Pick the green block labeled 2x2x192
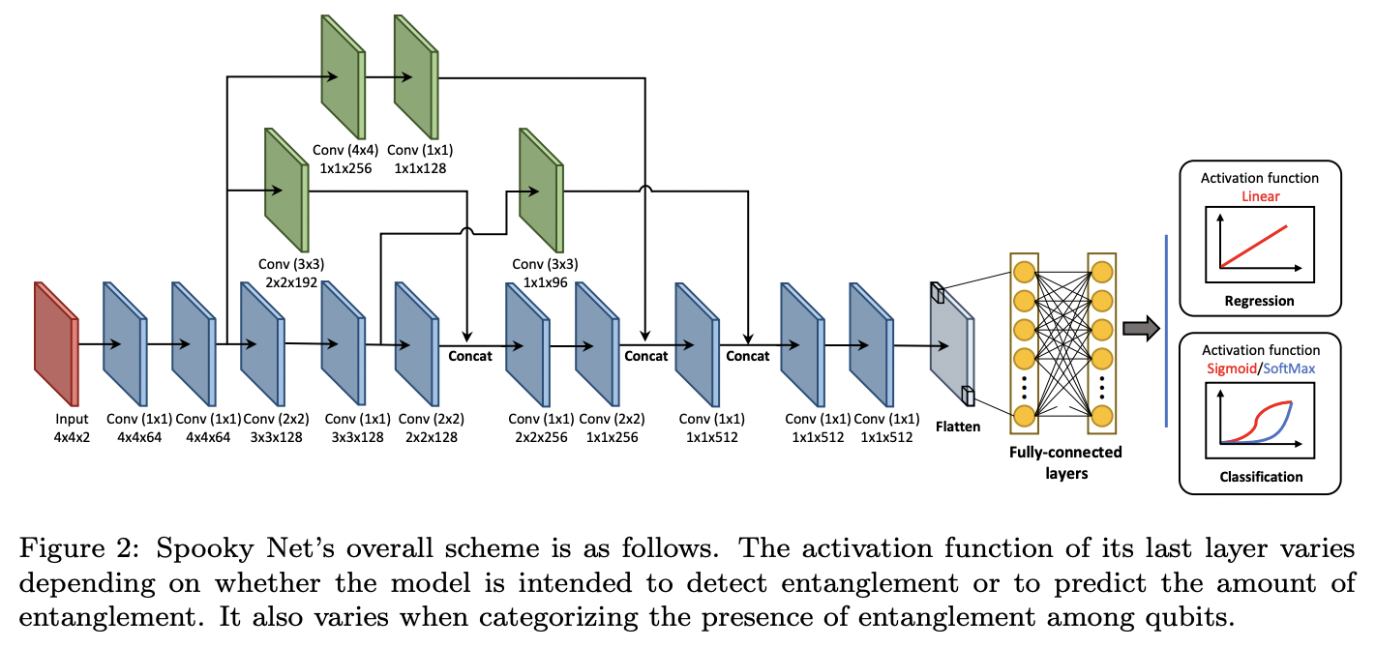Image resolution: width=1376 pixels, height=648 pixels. [284, 189]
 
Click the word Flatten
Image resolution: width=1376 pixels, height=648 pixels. [957, 426]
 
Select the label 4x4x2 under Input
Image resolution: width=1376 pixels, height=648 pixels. [72, 436]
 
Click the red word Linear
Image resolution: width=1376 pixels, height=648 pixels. [1259, 196]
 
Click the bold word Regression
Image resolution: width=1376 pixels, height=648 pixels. [1259, 301]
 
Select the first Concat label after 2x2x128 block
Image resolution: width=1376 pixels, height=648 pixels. [469, 356]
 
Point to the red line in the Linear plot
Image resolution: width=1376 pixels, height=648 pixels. [1254, 246]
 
